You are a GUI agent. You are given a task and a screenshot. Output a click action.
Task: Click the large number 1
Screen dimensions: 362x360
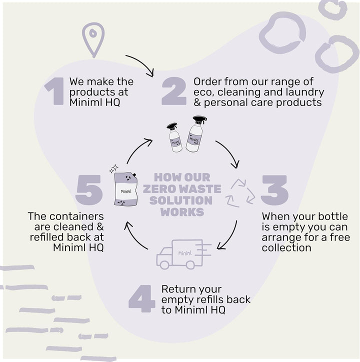click(54, 91)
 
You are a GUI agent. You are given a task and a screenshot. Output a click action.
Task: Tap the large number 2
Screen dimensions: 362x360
click(173, 91)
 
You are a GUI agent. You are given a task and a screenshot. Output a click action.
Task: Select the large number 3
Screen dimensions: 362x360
click(274, 190)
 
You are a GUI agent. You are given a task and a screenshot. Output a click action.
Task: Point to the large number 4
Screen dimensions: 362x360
click(141, 299)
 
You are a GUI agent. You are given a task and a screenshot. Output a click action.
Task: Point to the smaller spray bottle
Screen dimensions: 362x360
click(174, 137)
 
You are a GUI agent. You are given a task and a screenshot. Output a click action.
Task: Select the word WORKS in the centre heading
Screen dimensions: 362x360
click(182, 211)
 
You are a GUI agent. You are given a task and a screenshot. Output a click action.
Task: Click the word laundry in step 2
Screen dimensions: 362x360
click(306, 92)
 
